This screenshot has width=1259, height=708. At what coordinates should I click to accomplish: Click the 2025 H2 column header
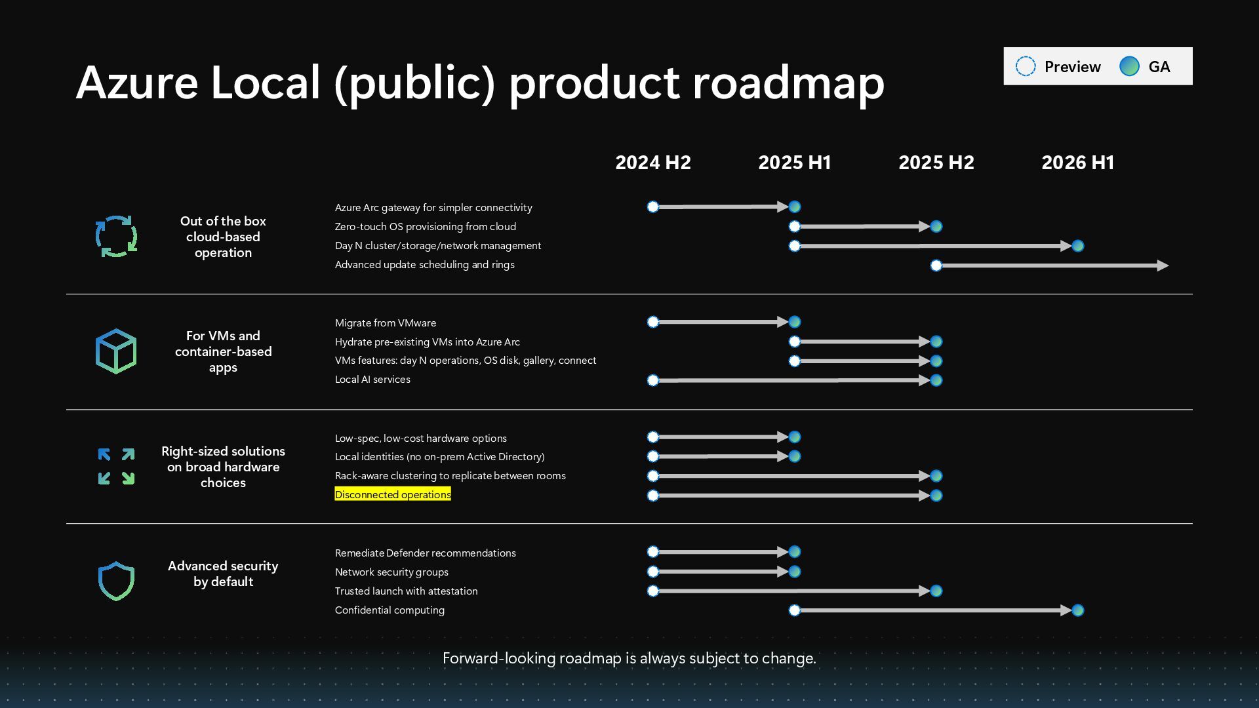(x=936, y=163)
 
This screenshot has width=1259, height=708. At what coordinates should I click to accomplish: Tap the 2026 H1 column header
(x=1077, y=163)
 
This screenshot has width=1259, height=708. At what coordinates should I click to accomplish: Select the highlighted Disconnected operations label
(x=393, y=494)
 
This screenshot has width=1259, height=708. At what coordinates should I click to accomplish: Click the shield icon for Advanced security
(x=116, y=581)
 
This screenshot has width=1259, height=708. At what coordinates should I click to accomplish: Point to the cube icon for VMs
(x=116, y=351)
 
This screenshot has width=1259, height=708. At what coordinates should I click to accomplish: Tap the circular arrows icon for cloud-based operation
(x=116, y=236)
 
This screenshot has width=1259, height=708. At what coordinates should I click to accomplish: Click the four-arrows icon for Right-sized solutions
(x=116, y=466)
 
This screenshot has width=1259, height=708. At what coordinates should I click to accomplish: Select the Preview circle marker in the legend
(x=1026, y=66)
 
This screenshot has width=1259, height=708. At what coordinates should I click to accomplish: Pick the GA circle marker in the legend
(x=1129, y=66)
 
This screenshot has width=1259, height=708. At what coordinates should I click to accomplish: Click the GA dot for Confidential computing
(x=1077, y=610)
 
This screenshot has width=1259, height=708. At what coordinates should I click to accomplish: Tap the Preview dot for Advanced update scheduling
(x=936, y=265)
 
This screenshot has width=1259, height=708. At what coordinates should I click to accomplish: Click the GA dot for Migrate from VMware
(x=795, y=322)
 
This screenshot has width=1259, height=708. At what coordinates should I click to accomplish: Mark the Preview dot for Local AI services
(x=653, y=380)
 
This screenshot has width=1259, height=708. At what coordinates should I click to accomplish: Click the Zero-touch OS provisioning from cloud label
(x=425, y=227)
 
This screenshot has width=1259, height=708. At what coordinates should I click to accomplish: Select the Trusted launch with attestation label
(x=406, y=591)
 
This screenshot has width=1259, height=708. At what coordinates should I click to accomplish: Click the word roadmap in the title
(x=788, y=83)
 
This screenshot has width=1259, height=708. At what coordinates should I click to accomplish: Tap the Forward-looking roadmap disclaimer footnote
(x=629, y=658)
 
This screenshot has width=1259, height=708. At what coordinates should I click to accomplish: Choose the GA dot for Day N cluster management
(x=1077, y=246)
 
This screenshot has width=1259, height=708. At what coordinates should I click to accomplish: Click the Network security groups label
(x=391, y=572)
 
